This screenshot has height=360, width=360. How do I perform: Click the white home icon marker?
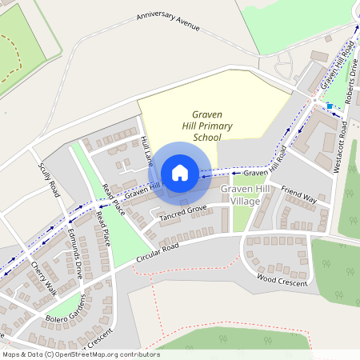[x=180, y=173]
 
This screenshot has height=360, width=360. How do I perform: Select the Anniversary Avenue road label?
[x=167, y=20]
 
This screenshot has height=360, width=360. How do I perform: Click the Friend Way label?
[x=298, y=194]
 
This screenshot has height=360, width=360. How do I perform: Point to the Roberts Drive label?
[x=349, y=99]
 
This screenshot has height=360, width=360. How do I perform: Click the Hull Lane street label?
[x=146, y=150]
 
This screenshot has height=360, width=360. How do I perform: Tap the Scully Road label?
[x=49, y=179]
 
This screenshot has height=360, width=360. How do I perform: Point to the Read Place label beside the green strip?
[x=102, y=228]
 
